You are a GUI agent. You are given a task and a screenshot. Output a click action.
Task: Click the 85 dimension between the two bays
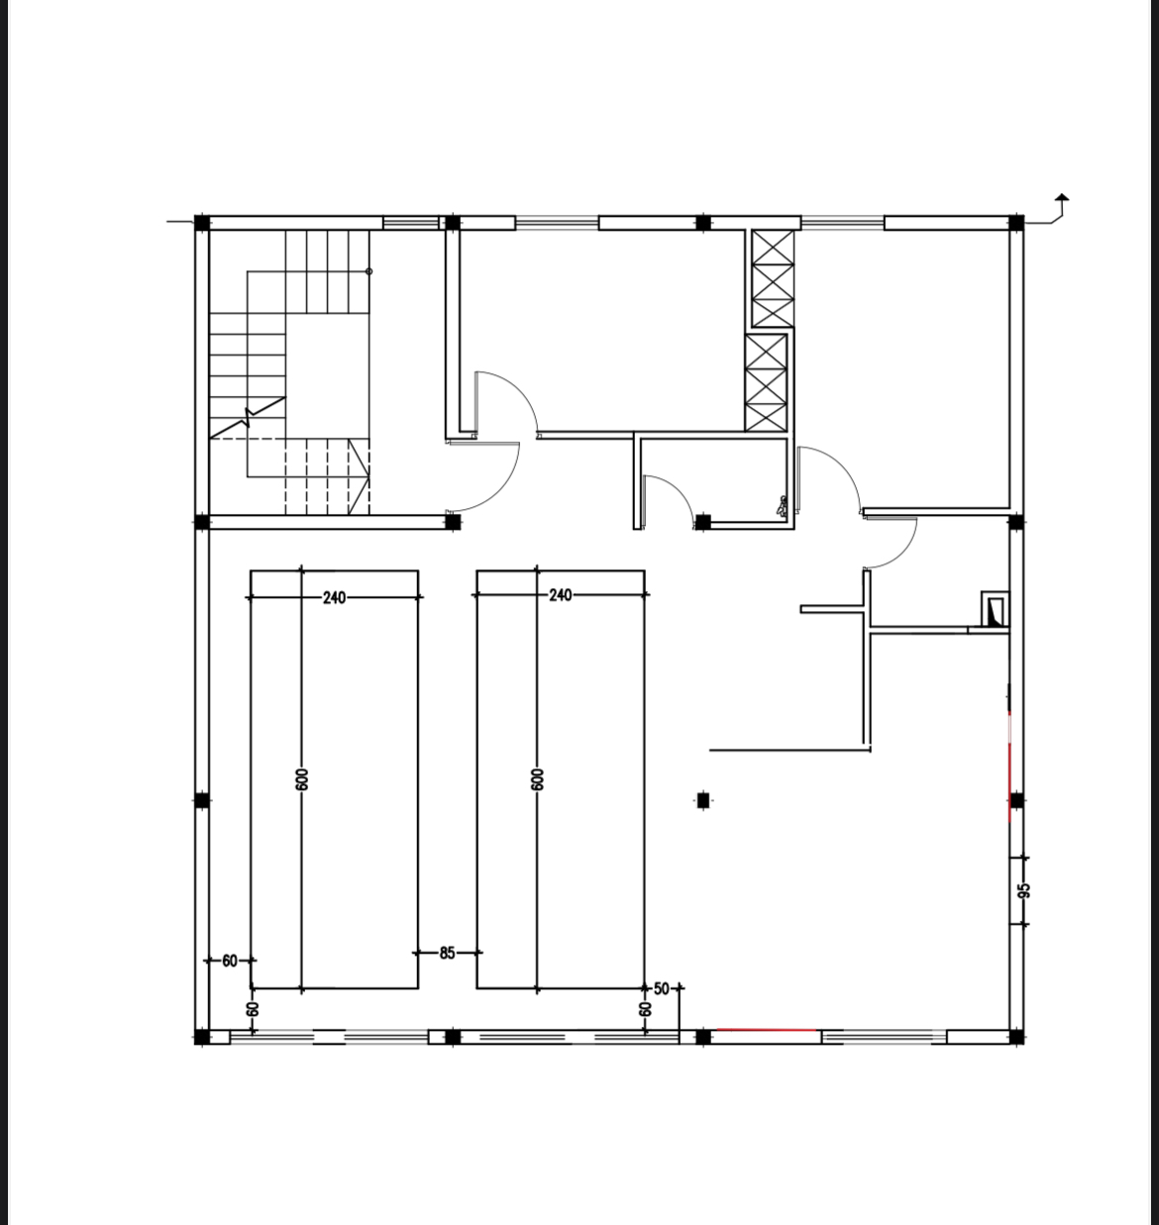point(447,953)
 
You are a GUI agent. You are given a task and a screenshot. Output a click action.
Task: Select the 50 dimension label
point(661,988)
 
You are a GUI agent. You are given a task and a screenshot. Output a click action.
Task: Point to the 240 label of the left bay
point(334,597)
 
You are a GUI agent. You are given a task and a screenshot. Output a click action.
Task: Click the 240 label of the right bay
point(560,595)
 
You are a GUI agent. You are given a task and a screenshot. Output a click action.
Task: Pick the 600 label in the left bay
point(301,779)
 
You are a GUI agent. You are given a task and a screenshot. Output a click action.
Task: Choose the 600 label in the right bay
point(537,779)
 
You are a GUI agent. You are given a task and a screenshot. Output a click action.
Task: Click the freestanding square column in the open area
point(703,800)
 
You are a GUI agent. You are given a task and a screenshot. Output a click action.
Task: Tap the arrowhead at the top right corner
point(1062,197)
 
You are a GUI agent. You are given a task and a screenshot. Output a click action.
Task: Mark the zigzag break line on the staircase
point(248,418)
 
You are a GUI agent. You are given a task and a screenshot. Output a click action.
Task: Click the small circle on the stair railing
point(369,271)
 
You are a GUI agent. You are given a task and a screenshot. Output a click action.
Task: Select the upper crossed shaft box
point(773,278)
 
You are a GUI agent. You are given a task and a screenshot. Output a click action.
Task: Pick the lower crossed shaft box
point(766,382)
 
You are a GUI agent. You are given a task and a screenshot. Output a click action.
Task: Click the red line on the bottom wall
point(767,1030)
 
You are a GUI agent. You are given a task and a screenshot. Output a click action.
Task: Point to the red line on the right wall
point(1010,766)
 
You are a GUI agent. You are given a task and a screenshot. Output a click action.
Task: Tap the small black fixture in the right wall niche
point(995,612)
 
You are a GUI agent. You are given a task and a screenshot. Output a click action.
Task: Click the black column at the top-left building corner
point(201,223)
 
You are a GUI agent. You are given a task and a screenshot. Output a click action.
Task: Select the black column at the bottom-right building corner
point(1016,1037)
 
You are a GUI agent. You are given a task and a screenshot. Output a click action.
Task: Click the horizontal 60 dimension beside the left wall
point(230,961)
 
